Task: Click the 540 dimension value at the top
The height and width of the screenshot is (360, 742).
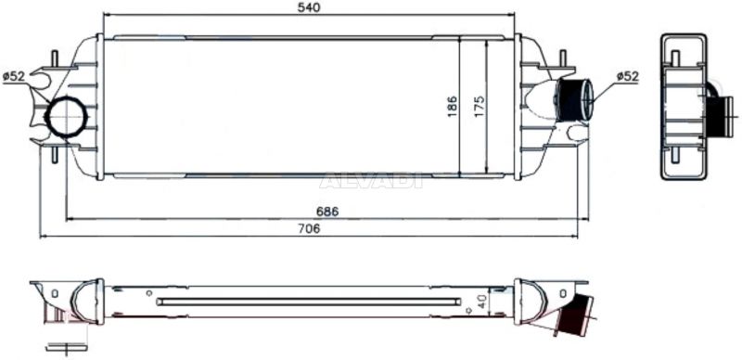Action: [309, 7]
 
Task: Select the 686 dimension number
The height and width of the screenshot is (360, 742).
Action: [327, 212]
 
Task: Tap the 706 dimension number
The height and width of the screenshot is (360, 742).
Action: [310, 228]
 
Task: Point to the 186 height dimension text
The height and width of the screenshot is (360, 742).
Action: [453, 107]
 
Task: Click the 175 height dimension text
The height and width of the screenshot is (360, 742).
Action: [479, 107]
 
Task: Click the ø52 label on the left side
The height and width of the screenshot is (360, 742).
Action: [13, 76]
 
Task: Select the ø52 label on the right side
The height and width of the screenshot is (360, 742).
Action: [628, 76]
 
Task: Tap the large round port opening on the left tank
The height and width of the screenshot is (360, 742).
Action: [66, 116]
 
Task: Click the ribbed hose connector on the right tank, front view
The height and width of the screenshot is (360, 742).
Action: [574, 100]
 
